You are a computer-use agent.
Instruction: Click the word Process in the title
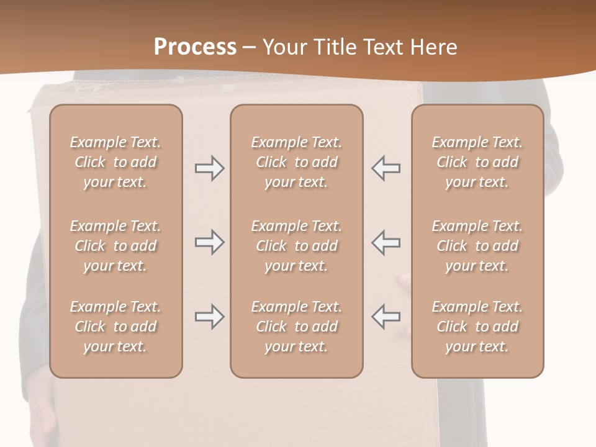click(195, 47)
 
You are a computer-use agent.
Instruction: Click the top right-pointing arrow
click(209, 168)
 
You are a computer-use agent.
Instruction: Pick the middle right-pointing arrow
click(209, 242)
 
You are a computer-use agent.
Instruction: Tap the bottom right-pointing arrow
click(209, 317)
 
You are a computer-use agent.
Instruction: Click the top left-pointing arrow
click(386, 168)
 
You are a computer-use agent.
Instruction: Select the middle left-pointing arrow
click(386, 242)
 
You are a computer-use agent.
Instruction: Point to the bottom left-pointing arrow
click(386, 317)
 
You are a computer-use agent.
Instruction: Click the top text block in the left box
click(115, 162)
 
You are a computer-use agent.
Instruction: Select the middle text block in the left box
click(115, 246)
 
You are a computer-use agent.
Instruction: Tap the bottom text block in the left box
click(115, 327)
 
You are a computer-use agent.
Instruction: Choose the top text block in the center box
click(296, 162)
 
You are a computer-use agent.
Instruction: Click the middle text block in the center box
click(296, 246)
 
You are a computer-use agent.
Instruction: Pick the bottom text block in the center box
click(296, 327)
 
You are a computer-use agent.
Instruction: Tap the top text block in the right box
click(477, 162)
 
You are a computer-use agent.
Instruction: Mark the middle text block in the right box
click(477, 246)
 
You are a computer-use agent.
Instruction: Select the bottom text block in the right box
click(477, 327)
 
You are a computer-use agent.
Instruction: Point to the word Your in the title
click(282, 47)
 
